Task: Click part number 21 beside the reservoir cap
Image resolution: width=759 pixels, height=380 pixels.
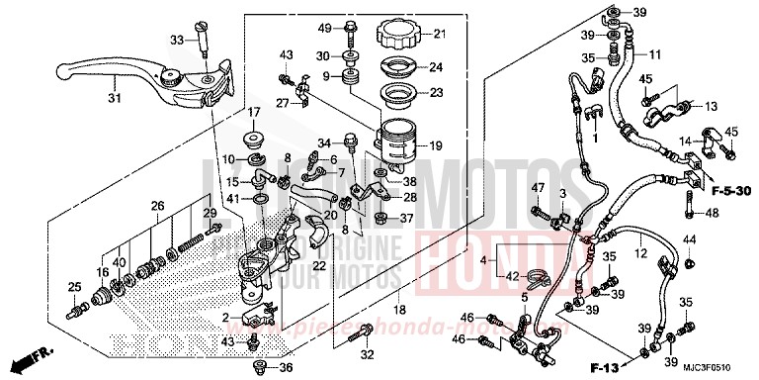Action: pyautogui.click(x=441, y=36)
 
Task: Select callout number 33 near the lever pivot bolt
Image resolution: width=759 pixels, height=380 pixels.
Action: pyautogui.click(x=177, y=41)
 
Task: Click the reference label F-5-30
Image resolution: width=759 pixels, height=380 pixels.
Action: pyautogui.click(x=726, y=194)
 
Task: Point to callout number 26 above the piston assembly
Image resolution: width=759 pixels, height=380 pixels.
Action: pyautogui.click(x=157, y=206)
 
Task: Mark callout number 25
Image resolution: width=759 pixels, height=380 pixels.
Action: pyautogui.click(x=72, y=287)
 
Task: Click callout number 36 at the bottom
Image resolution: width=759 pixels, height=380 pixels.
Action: pyautogui.click(x=287, y=367)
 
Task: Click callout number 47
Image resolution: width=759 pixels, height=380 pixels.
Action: pyautogui.click(x=540, y=188)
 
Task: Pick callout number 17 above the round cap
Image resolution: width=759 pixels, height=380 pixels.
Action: pyautogui.click(x=253, y=112)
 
